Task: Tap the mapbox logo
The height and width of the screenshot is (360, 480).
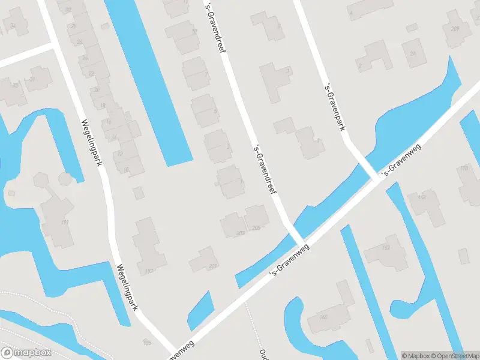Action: tap(25, 353)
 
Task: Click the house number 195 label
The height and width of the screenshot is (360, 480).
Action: tap(146, 343)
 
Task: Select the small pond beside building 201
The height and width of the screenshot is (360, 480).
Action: tap(200, 309)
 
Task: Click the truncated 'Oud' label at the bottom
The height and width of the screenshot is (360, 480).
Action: tap(263, 353)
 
